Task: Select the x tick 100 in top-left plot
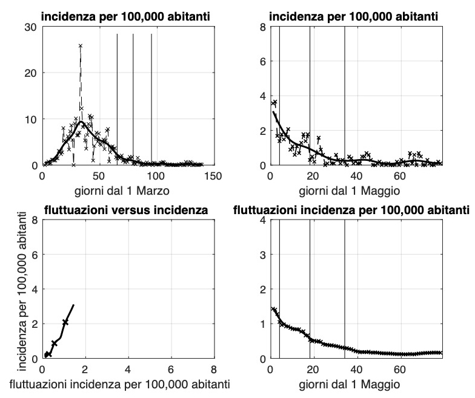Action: click(156, 176)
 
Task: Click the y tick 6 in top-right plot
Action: click(262, 61)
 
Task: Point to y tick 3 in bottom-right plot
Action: click(262, 255)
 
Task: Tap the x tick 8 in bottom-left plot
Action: click(213, 370)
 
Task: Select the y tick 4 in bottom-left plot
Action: click(33, 289)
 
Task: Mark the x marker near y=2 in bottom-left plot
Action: click(65, 322)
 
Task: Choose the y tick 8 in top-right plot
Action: click(262, 27)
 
